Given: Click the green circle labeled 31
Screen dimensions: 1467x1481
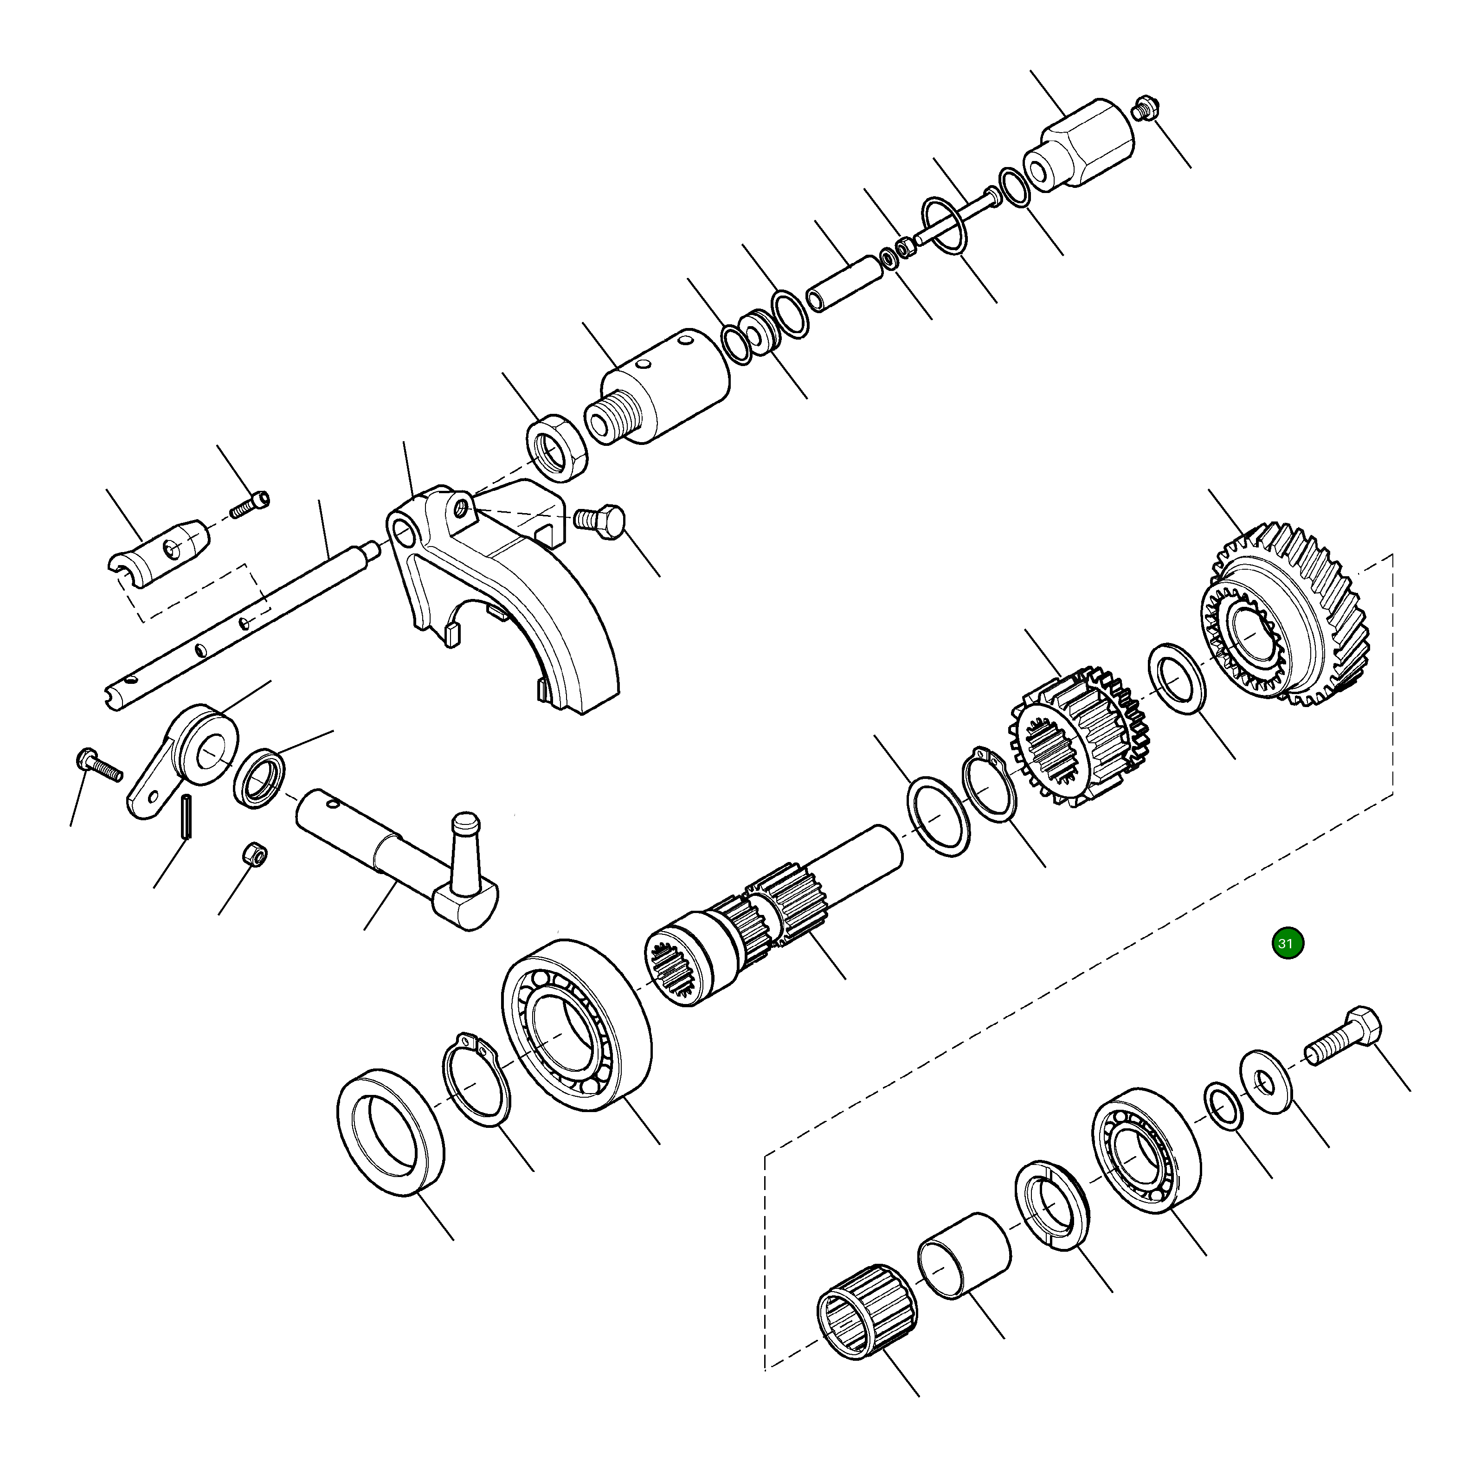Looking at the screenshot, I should pyautogui.click(x=1286, y=944).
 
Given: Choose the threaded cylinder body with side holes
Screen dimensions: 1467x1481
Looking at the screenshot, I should pyautogui.click(x=659, y=387).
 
